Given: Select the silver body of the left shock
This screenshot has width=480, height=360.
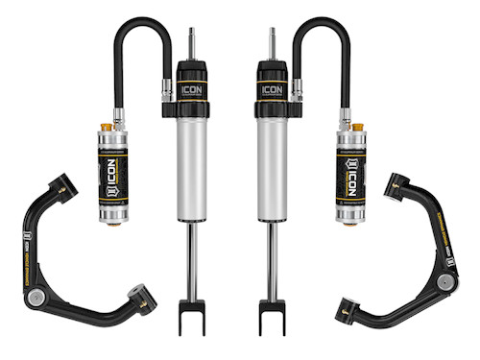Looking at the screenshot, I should [x=192, y=163].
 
